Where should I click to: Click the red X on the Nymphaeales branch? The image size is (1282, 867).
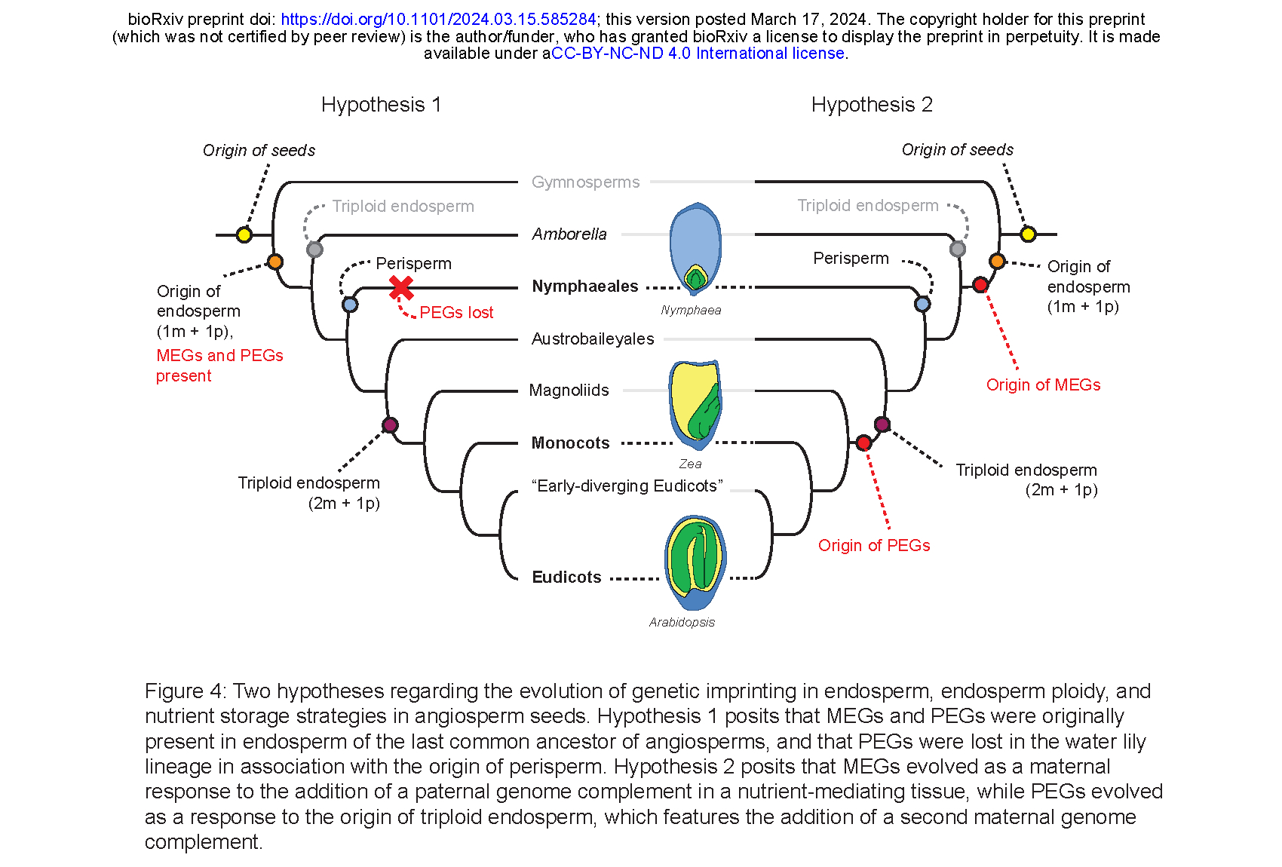click(401, 287)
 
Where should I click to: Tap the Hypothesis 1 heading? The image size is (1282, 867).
click(381, 105)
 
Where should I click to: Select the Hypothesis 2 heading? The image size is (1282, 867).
click(872, 105)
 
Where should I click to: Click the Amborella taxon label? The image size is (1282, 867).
click(569, 234)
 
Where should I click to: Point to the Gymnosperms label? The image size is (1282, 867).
click(585, 182)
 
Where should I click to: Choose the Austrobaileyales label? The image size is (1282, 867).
click(593, 339)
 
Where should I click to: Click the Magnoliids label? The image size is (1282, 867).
click(569, 391)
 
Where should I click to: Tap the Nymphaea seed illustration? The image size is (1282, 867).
click(695, 248)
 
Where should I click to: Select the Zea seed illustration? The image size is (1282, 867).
click(695, 404)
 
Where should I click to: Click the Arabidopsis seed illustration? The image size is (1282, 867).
click(695, 562)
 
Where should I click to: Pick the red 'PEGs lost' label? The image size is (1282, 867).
click(456, 313)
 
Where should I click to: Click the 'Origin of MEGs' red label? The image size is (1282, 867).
click(1043, 385)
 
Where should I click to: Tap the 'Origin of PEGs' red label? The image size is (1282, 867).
click(874, 546)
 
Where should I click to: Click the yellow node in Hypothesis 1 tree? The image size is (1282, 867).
click(244, 234)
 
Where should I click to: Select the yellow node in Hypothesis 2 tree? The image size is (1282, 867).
click(1028, 234)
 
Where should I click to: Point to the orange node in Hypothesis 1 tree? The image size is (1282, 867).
click(275, 262)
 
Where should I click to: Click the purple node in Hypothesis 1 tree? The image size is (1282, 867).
click(390, 425)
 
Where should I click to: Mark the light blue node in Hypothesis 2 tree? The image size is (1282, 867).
click(922, 304)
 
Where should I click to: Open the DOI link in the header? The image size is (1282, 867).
click(438, 20)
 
